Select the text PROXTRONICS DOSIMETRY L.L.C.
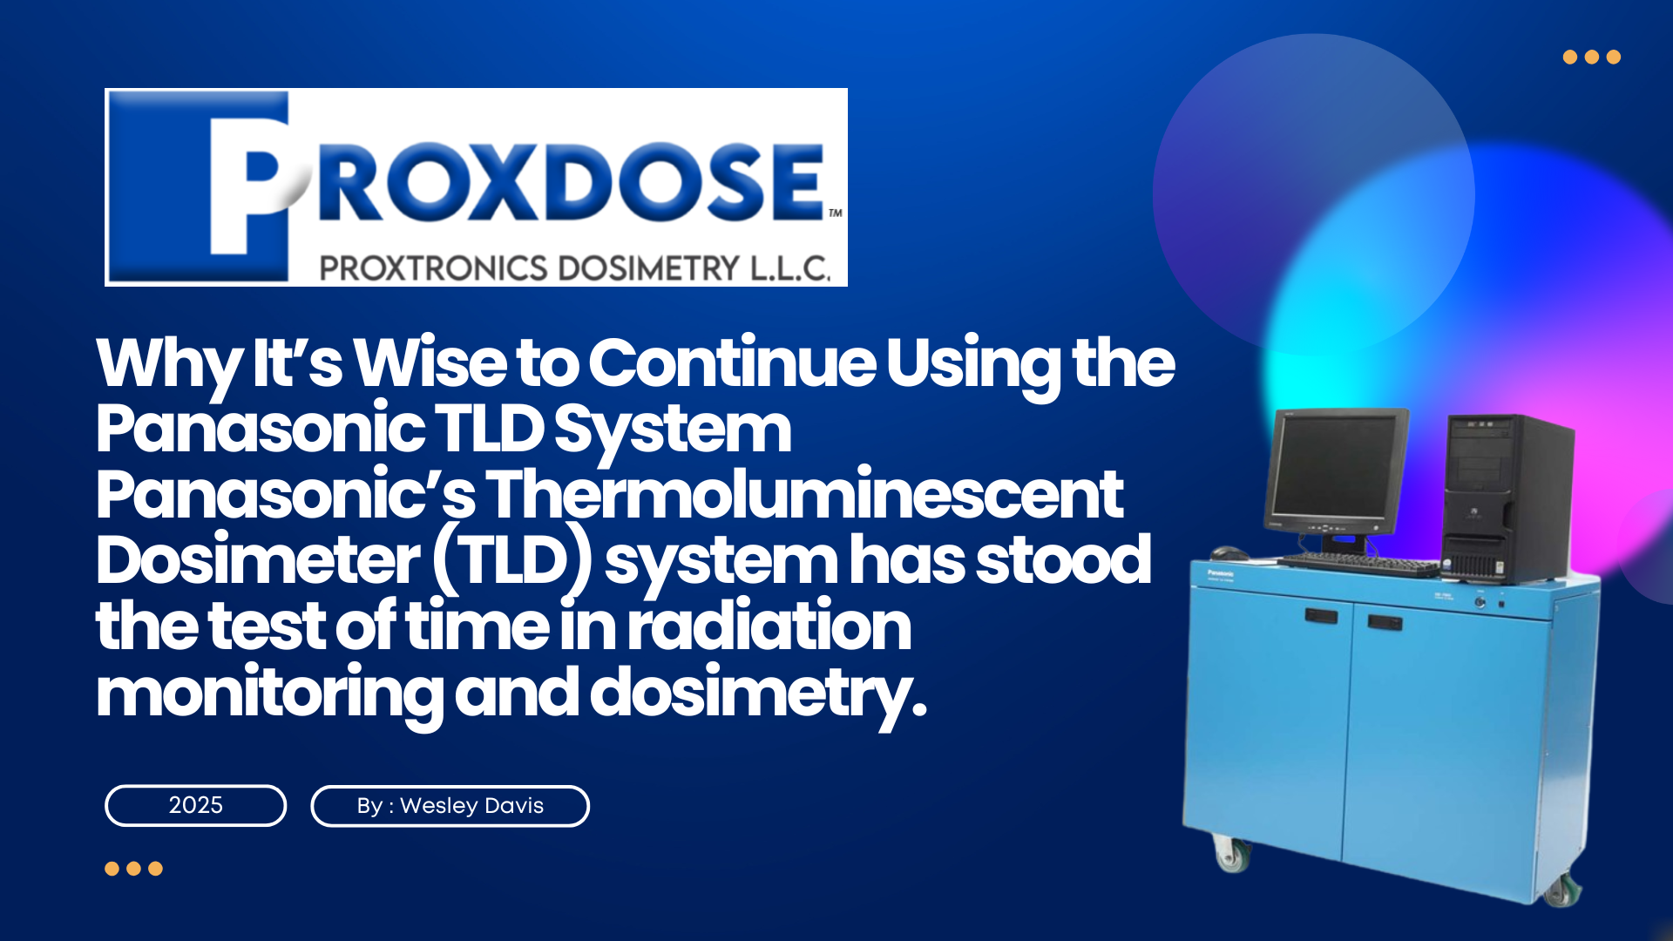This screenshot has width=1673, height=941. [574, 268]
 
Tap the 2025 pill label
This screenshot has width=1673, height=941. [196, 805]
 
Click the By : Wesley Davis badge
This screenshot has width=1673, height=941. [450, 806]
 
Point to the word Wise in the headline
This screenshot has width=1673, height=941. [430, 363]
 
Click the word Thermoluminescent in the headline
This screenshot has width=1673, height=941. [803, 494]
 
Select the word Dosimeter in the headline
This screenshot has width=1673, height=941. [258, 560]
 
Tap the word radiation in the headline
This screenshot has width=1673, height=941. [769, 626]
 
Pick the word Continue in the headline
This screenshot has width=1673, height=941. [733, 363]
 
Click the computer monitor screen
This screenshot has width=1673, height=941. [1333, 466]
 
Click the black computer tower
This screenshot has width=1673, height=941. [1507, 498]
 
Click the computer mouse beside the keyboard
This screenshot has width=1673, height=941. [1227, 552]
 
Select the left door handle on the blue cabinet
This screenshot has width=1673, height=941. [1321, 616]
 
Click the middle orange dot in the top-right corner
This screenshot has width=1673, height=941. [1592, 58]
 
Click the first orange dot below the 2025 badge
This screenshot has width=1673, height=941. [112, 869]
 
